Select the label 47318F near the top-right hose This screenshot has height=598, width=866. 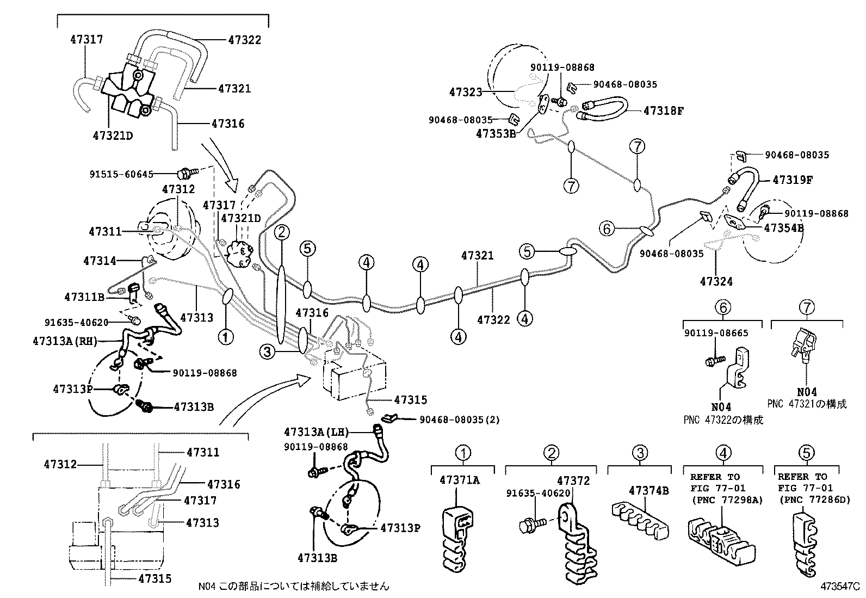(663, 110)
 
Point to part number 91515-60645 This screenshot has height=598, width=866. (121, 174)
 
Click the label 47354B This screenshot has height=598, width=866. (784, 227)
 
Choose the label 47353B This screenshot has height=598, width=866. (496, 133)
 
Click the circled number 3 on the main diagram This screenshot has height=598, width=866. (267, 353)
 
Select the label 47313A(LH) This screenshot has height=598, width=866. (315, 432)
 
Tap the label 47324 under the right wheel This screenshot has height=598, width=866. (716, 281)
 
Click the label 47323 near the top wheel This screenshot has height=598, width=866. (466, 93)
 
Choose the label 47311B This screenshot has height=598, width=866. (84, 297)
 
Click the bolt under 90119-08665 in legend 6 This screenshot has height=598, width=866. (712, 360)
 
